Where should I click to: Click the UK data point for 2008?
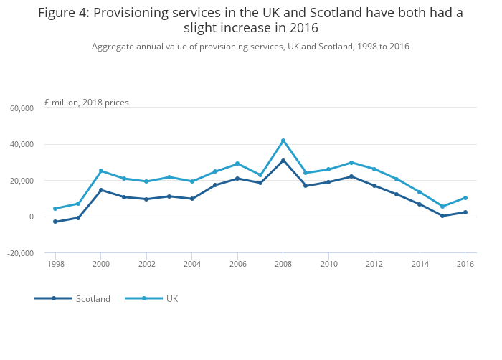pyautogui.click(x=283, y=141)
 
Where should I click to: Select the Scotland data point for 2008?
pyautogui.click(x=283, y=161)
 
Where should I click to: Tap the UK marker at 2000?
pyautogui.click(x=101, y=171)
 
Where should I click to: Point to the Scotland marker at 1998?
pyautogui.click(x=55, y=222)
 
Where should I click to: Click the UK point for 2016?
pyautogui.click(x=465, y=198)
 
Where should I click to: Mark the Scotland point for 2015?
pyautogui.click(x=442, y=216)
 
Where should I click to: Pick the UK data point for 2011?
pyautogui.click(x=351, y=163)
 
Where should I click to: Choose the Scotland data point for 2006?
pyautogui.click(x=237, y=179)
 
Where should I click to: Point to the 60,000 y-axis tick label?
pyautogui.click(x=22, y=108)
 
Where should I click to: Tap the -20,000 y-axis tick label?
pyautogui.click(x=21, y=253)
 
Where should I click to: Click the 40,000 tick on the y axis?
pyautogui.click(x=22, y=145)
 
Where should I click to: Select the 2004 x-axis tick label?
pyautogui.click(x=192, y=265)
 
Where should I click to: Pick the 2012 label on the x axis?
pyautogui.click(x=374, y=265)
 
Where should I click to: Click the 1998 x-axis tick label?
pyautogui.click(x=55, y=265)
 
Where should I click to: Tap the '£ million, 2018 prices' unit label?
pyautogui.click(x=87, y=103)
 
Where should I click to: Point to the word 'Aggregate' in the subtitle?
pyautogui.click(x=113, y=47)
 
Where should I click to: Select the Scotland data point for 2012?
pyautogui.click(x=374, y=186)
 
